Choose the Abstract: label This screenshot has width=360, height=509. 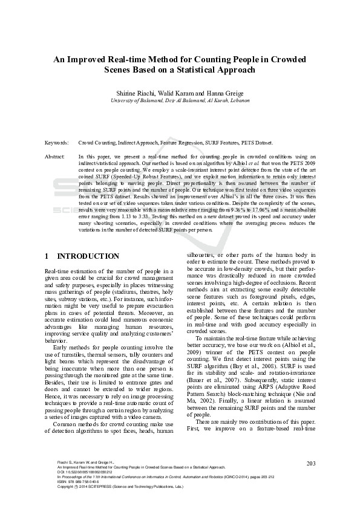[55, 157]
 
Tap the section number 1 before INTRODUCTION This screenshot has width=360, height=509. [48, 256]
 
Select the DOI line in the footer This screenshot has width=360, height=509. [82, 488]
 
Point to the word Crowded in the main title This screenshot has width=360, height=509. [288, 59]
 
